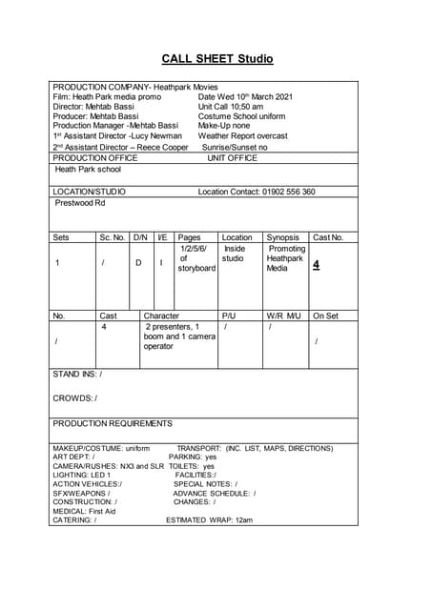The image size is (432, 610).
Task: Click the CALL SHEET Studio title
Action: coord(216,59)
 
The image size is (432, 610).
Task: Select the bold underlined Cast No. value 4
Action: coord(316,265)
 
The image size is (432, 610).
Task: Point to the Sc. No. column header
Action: coord(112,237)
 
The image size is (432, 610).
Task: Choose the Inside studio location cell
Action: coord(234,254)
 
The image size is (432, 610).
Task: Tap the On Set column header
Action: coord(326,315)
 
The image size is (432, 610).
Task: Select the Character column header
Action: coord(161,315)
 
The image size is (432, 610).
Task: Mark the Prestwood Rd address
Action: coord(80,203)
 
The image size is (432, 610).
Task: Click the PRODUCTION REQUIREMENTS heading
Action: coord(113,423)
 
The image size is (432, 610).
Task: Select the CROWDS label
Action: coord(74,397)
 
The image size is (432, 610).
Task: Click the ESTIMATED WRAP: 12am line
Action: coord(209,520)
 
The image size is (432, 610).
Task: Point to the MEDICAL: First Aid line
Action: coord(84,511)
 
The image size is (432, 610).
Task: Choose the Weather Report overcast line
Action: coord(242,136)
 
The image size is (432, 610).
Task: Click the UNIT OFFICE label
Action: coord(232,158)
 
